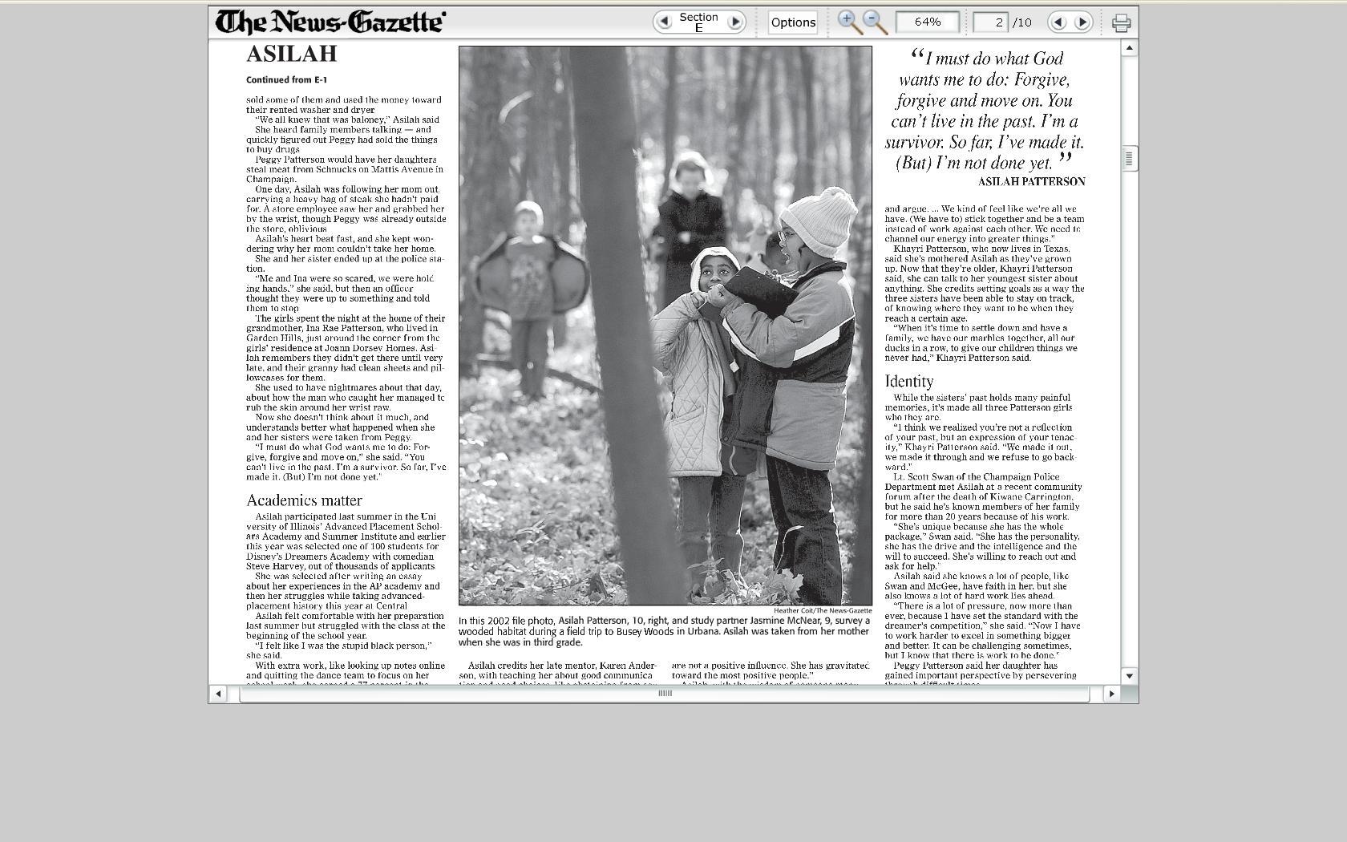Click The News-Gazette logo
coord(330,22)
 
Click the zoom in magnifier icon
coord(848,22)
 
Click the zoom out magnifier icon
coord(874,22)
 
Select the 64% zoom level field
coord(927,22)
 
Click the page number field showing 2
coord(990,22)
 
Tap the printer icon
coord(1121,22)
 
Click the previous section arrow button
coord(664,22)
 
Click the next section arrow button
coord(734,22)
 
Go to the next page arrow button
coord(1082,22)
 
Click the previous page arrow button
coord(1058,22)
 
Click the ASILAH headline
coord(292,54)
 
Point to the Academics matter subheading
coord(304,500)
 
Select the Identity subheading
coord(909,381)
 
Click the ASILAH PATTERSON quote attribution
coord(1031,182)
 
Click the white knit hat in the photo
coord(819,221)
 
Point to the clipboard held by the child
coord(760,290)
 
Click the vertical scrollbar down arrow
coord(1129,675)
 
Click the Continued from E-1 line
coord(286,80)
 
